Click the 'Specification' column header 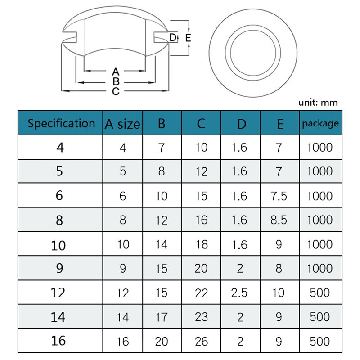[61, 123]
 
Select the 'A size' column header [122, 124]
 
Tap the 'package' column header [320, 123]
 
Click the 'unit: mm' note [318, 103]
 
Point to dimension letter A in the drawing [115, 72]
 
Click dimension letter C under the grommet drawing [115, 92]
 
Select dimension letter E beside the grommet [188, 38]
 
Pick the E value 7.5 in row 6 [279, 196]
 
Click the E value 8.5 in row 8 [279, 220]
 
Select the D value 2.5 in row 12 [239, 293]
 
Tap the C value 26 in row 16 [201, 342]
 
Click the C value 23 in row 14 [201, 317]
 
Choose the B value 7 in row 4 [162, 147]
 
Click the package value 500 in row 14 [320, 317]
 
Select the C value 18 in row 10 [201, 244]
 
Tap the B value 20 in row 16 [162, 342]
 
